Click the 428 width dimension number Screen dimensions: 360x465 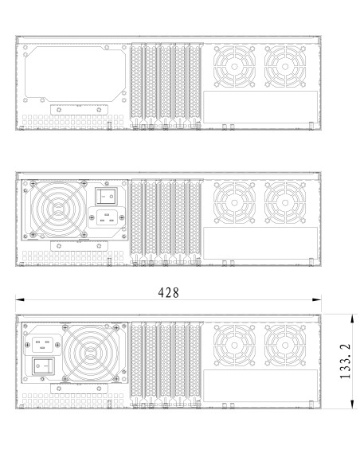pos(168,293)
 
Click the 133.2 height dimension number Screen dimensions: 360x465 pos(345,361)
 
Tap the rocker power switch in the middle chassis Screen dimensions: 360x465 pos(106,196)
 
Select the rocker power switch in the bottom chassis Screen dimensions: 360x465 pos(43,366)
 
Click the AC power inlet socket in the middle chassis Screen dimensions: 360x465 pos(107,217)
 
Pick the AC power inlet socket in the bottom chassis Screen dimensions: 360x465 pos(42,345)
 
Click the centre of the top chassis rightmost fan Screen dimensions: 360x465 pos(285,67)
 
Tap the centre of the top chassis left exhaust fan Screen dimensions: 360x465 pos(234,67)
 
